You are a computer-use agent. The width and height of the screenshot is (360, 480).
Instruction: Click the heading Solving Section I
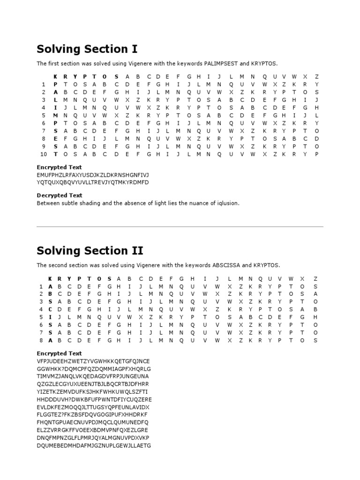tap(87, 49)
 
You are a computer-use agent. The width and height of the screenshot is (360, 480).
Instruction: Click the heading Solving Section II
tap(90, 250)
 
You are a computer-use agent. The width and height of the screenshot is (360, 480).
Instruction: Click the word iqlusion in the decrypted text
tap(226, 203)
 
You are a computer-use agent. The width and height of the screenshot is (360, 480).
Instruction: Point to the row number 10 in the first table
tap(43, 154)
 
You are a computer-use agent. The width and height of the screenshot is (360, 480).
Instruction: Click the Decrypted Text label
tap(60, 195)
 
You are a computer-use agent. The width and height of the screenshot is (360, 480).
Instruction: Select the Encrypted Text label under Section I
tap(59, 167)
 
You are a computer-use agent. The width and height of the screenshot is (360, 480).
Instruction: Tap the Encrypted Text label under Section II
tap(59, 353)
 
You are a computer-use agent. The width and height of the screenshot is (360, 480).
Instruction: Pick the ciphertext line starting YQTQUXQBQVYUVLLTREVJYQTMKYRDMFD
tap(92, 182)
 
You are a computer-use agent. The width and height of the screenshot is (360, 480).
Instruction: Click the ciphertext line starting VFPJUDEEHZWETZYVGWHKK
tap(93, 361)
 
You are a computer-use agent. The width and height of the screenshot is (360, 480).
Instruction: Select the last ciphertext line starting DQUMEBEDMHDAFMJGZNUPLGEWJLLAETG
tap(94, 445)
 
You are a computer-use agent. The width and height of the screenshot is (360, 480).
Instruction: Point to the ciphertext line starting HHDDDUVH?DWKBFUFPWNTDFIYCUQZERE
tap(94, 399)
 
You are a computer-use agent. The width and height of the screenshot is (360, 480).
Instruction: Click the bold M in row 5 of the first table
tap(56, 115)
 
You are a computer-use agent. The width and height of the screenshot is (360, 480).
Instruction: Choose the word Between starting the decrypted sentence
tap(47, 203)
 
